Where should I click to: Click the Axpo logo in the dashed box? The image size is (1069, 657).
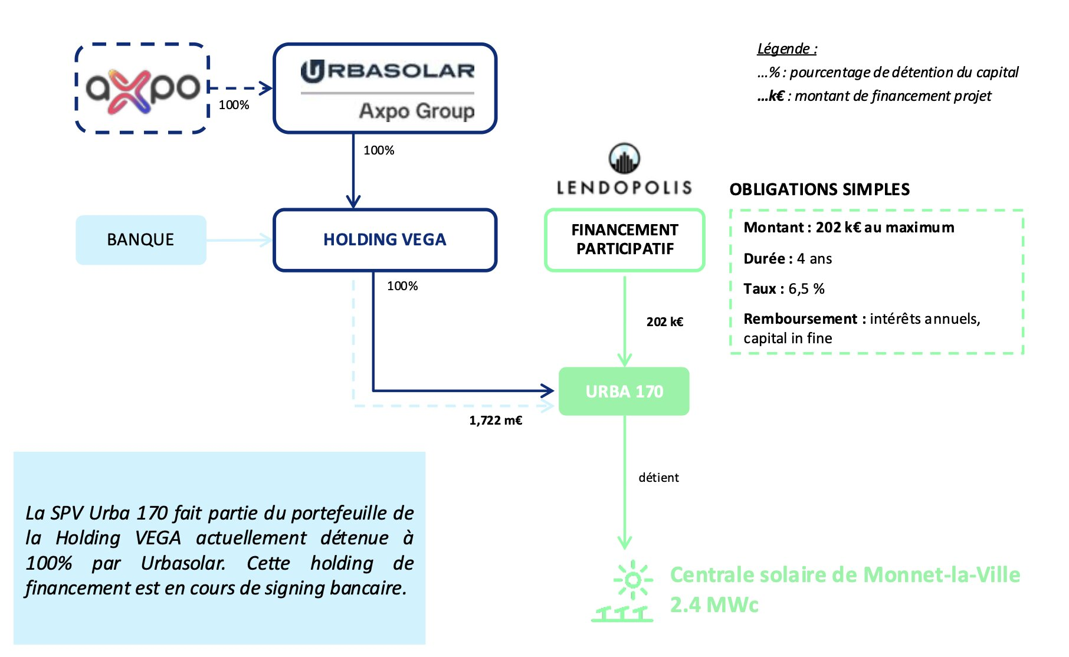(142, 88)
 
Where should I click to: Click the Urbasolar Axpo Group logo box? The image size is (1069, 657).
(385, 88)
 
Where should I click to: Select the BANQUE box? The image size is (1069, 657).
(141, 239)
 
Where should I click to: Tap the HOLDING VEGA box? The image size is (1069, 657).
(385, 239)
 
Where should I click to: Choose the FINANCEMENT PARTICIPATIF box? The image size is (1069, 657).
(625, 239)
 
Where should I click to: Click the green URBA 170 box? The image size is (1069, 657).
(624, 392)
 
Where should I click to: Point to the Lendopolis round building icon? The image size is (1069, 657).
(624, 158)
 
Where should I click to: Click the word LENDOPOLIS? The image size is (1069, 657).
(624, 188)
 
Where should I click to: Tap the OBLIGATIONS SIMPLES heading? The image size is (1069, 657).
(819, 189)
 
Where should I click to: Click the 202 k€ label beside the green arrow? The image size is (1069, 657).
(665, 322)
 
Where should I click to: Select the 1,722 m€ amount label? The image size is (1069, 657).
(496, 421)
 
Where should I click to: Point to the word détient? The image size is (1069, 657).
(658, 478)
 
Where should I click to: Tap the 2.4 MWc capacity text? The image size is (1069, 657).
(714, 605)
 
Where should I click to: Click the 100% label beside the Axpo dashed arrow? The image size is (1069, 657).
(234, 105)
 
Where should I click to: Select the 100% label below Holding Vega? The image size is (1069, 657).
(402, 286)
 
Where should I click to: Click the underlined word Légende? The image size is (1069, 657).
(786, 49)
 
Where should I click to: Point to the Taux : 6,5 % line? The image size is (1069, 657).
(784, 289)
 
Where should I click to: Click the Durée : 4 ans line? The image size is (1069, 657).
(788, 259)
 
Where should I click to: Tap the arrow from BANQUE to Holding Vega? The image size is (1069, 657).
(240, 240)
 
